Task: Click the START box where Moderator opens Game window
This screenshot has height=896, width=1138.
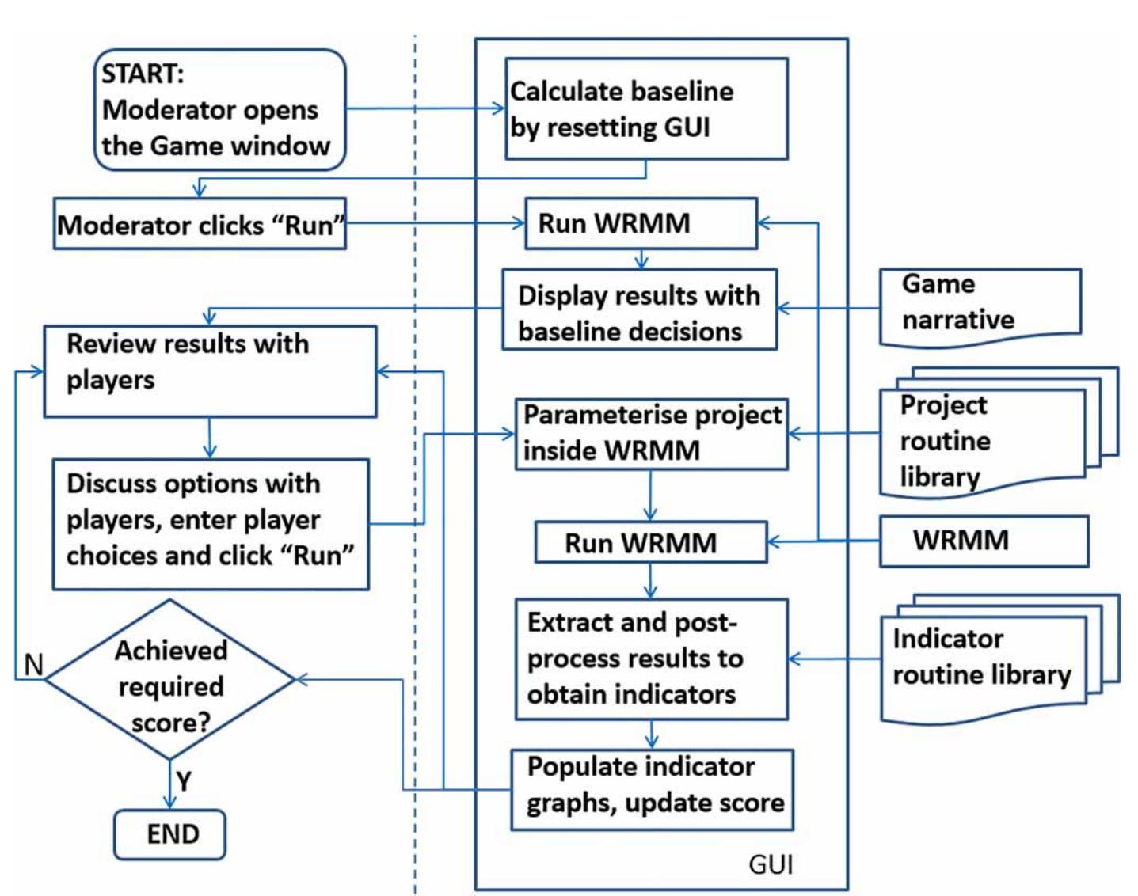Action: pos(219,110)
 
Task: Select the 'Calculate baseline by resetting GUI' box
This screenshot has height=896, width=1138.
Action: pos(646,109)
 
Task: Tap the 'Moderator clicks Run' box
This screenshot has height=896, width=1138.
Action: pos(200,225)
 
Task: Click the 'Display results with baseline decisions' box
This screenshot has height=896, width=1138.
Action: pos(639,309)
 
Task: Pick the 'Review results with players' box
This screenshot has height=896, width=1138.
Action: pos(209,371)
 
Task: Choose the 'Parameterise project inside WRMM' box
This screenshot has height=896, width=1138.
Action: pos(651,434)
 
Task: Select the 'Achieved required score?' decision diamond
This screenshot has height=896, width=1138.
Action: pos(169,680)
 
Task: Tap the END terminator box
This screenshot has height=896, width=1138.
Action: pos(169,834)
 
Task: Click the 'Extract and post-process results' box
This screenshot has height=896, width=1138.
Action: pos(651,659)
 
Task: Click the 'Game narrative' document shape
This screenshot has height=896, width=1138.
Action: pos(980,304)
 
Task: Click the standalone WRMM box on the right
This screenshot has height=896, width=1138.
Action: pos(984,541)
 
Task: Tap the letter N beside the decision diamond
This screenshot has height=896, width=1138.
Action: pos(33,665)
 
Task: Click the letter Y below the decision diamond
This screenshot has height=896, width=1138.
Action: pos(184,782)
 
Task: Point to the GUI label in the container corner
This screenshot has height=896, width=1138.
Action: pos(770,864)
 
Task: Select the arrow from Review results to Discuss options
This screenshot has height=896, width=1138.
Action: pos(209,438)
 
